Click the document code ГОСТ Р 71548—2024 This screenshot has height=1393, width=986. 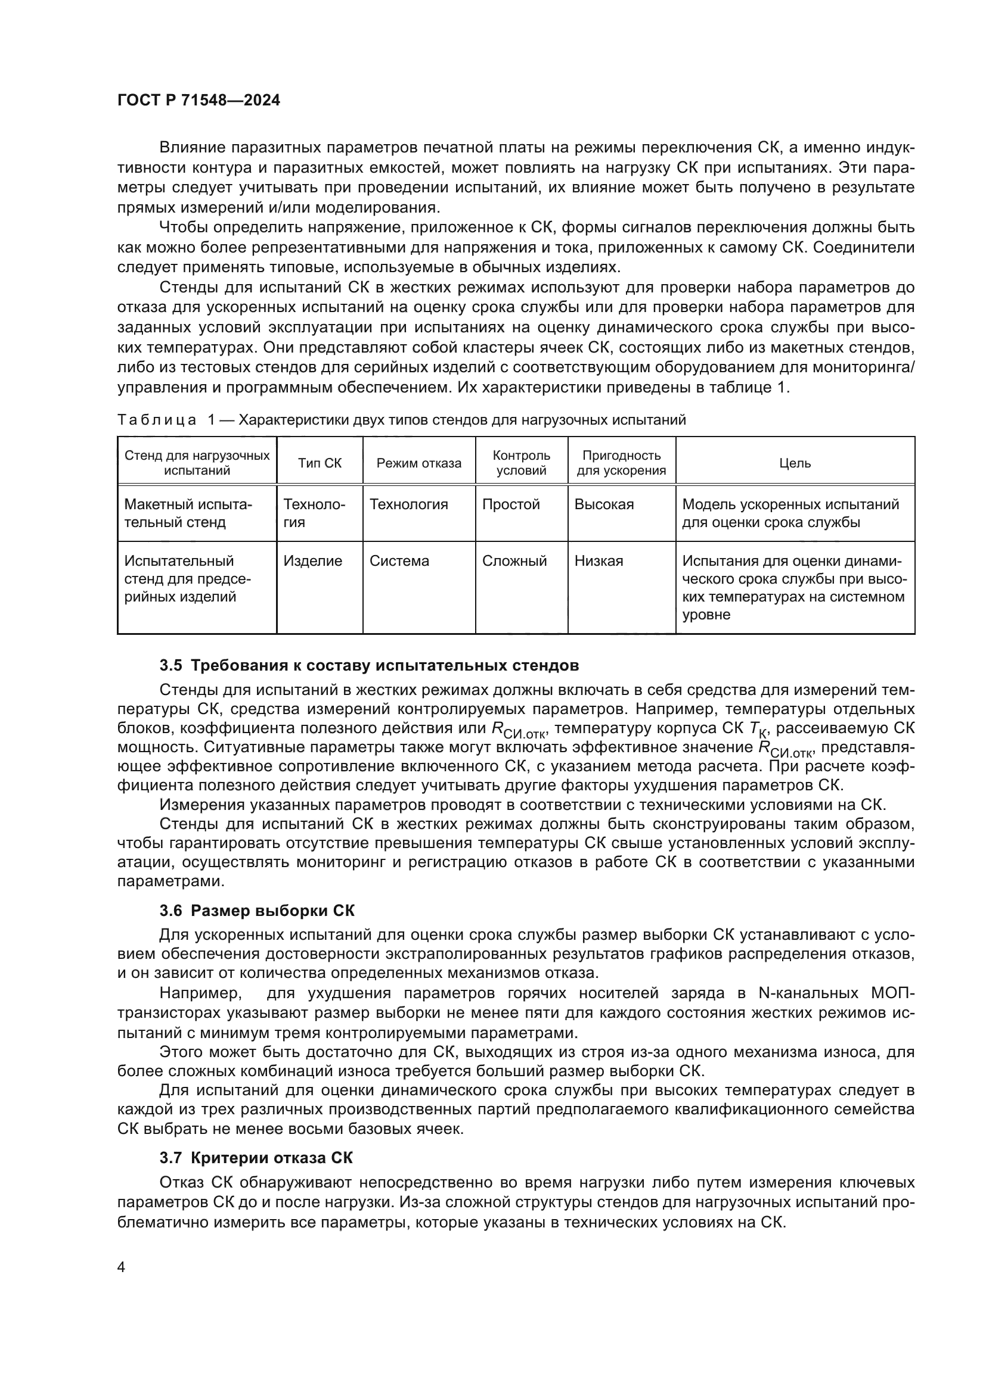[199, 101]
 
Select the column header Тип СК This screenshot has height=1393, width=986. [320, 463]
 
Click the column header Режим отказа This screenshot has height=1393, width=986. [418, 463]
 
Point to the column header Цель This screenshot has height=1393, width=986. [795, 463]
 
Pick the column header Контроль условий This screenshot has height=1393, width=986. [521, 463]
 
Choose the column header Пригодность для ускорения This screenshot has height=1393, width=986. [621, 463]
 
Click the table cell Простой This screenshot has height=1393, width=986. [511, 504]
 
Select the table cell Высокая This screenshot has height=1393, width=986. [603, 504]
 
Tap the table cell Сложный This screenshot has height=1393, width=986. [514, 560]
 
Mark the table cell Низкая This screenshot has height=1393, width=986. [599, 560]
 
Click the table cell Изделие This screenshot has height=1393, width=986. [313, 560]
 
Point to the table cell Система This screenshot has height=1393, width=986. [399, 560]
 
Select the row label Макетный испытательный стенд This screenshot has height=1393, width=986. [188, 513]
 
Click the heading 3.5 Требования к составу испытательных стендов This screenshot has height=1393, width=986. [368, 665]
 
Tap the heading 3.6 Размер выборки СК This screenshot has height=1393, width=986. [257, 927]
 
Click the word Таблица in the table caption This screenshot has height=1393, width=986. [157, 420]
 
